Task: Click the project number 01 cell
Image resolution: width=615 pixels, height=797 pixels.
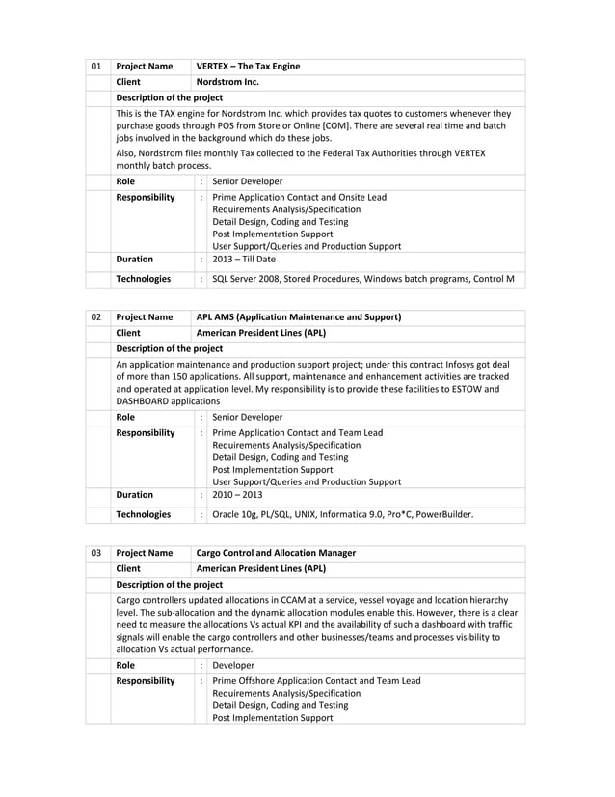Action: click(95, 67)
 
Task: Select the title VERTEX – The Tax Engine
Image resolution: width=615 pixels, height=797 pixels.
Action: click(248, 67)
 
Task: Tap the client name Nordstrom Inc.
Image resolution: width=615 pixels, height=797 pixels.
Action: click(227, 82)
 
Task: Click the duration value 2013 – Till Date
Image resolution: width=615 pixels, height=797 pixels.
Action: click(244, 260)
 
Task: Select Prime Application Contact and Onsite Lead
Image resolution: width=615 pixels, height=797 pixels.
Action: click(299, 197)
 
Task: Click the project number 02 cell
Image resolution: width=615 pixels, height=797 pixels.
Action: click(95, 317)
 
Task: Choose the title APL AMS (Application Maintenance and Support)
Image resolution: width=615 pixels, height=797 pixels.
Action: click(299, 317)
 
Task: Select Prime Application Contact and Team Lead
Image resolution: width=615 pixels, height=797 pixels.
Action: click(297, 432)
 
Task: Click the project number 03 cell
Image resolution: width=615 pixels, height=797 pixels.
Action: click(95, 553)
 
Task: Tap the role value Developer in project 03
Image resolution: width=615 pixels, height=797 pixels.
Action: click(233, 665)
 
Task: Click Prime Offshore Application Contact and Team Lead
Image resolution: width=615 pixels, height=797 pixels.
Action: click(316, 680)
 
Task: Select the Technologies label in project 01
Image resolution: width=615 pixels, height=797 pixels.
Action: click(144, 279)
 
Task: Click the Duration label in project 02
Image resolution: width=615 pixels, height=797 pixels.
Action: click(135, 495)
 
